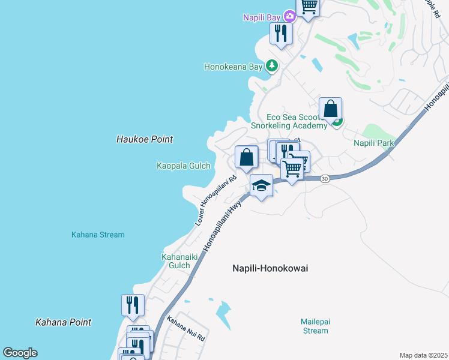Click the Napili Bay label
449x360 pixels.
[262, 17]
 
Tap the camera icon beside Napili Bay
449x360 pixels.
[289, 16]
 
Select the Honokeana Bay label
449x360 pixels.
[234, 67]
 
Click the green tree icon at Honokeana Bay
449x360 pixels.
[273, 65]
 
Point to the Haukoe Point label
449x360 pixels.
[144, 139]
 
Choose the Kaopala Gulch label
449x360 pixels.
[183, 166]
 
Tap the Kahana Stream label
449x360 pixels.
[98, 235]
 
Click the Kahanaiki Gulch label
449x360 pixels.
[176, 261]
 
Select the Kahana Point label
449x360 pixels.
[63, 322]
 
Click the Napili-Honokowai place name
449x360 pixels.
[270, 268]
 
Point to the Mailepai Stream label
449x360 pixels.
[315, 326]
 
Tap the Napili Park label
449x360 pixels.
[373, 143]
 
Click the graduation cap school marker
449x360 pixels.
[261, 185]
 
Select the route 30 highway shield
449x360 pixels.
[325, 179]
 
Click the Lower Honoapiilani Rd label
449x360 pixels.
[216, 200]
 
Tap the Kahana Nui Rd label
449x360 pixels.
[187, 329]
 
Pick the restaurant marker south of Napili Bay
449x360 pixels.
[280, 32]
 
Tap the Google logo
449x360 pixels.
[20, 353]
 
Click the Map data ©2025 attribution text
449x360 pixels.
[423, 355]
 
